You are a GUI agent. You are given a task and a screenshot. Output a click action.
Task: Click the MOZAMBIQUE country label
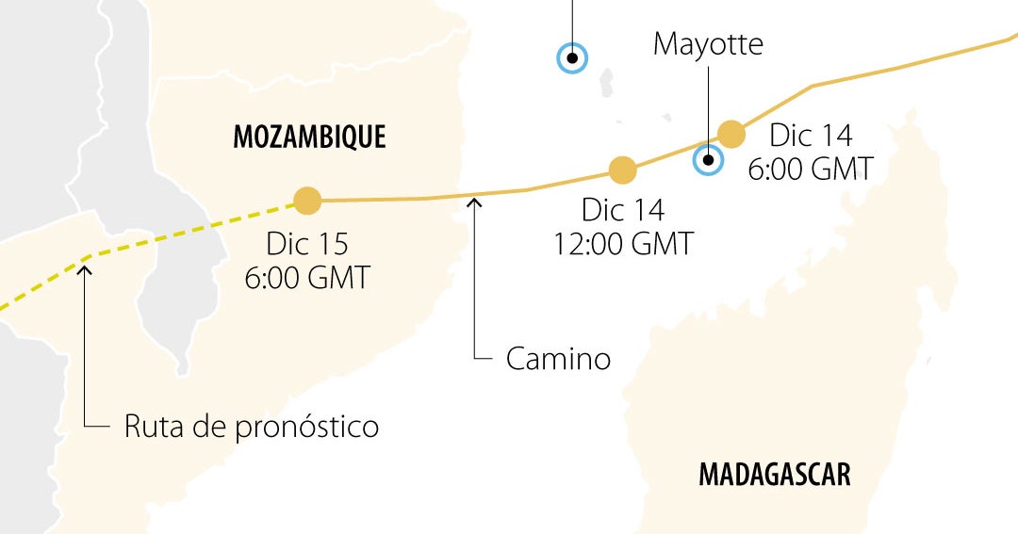pyautogui.click(x=309, y=137)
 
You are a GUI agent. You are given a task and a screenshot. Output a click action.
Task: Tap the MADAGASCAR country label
pyautogui.click(x=774, y=474)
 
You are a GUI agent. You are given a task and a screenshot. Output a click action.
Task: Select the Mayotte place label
pyautogui.click(x=708, y=43)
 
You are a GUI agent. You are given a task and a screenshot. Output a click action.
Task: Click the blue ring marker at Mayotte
pyautogui.click(x=707, y=160)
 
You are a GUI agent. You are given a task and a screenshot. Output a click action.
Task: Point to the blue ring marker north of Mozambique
pyautogui.click(x=571, y=58)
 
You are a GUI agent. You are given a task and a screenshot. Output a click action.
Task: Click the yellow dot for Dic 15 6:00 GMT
pyautogui.click(x=307, y=200)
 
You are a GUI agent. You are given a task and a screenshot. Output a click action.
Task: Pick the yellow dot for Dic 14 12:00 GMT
pyautogui.click(x=622, y=170)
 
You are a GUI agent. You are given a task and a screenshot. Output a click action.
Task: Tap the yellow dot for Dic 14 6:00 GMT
pyautogui.click(x=731, y=134)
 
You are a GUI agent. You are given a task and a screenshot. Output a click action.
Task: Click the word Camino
pyautogui.click(x=558, y=359)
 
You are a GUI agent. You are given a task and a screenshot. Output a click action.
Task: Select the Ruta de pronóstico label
pyautogui.click(x=251, y=427)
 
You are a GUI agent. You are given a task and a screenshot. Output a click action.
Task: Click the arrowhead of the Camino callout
pyautogui.click(x=476, y=200)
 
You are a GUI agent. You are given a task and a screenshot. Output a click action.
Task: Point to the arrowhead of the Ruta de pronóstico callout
pyautogui.click(x=85, y=270)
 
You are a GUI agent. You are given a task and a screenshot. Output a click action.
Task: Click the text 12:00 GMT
pyautogui.click(x=623, y=244)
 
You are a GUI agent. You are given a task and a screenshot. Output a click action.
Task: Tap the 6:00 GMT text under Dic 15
pyautogui.click(x=307, y=279)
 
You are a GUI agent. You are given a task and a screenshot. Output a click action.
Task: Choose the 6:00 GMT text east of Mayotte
pyautogui.click(x=810, y=170)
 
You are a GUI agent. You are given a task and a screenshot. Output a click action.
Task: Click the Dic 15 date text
pyautogui.click(x=307, y=244)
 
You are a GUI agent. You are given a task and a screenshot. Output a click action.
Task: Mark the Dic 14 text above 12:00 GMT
pyautogui.click(x=623, y=209)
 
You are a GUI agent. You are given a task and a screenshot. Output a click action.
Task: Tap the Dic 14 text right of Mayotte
pyautogui.click(x=811, y=136)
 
